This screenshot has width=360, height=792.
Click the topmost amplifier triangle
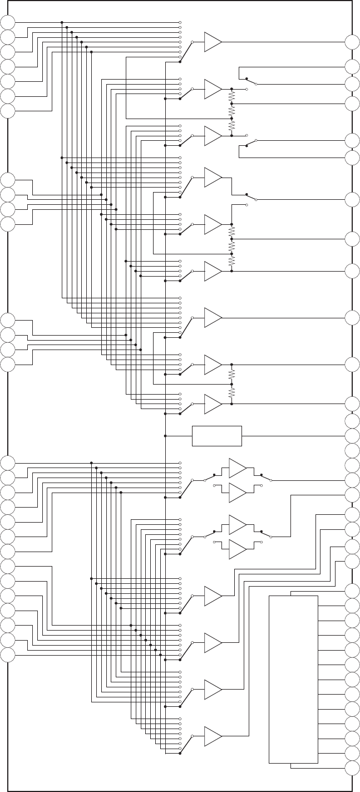coord(212,42)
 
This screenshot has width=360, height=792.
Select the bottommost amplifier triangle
coord(212,736)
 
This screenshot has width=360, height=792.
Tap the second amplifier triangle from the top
coord(212,89)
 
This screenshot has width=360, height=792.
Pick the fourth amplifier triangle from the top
coord(212,178)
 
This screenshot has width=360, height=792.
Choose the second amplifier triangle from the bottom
coord(212,689)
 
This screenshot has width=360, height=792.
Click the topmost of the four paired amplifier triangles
coord(236,468)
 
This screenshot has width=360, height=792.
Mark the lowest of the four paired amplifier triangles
coord(236,549)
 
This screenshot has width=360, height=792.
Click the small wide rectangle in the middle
coord(217,436)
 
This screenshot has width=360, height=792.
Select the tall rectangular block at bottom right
coord(293,679)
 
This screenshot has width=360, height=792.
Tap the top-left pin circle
coord(8,22)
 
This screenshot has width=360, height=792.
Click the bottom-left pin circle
coord(8,655)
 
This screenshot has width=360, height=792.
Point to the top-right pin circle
coord(352,42)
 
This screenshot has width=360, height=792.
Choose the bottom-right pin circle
coord(352,768)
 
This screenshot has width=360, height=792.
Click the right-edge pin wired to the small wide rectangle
coord(352,436)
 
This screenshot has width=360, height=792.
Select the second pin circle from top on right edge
coord(352,67)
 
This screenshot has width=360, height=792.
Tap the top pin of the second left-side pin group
coord(8,180)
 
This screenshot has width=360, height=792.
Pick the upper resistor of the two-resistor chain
coord(231,375)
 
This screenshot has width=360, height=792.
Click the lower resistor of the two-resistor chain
coord(231,393)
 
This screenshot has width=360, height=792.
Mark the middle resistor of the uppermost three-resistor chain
coord(231,111)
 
